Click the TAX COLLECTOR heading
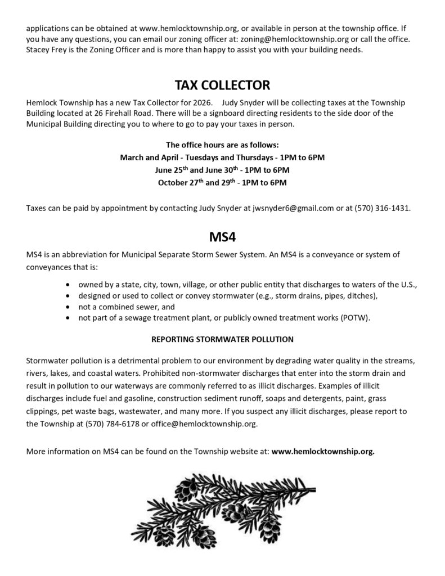coord(222,85)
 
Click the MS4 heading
coord(222,237)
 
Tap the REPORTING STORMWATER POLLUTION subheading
coord(222,339)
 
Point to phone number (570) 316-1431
coord(382,208)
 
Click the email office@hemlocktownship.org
coord(203,424)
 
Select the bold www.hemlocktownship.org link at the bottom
coord(323,451)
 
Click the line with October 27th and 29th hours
coord(222,182)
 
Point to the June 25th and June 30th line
coord(222,169)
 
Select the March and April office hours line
coord(222,157)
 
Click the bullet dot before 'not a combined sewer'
coord(68,307)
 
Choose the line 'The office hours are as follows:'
coord(222,145)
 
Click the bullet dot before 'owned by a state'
coord(68,284)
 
